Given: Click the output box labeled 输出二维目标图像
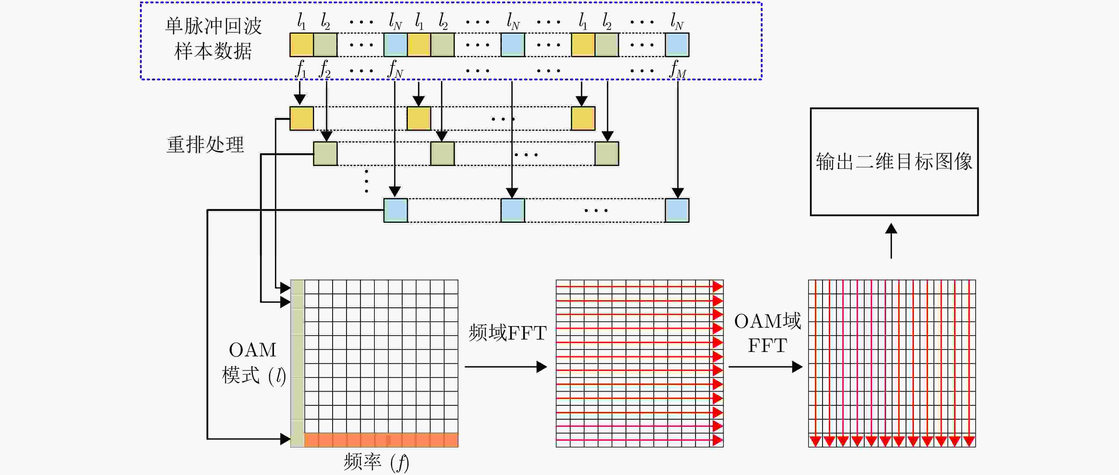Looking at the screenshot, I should [x=894, y=161].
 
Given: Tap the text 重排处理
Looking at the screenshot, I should [x=205, y=145].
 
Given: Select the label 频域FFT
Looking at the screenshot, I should [x=507, y=333].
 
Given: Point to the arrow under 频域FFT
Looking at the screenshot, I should [x=505, y=367].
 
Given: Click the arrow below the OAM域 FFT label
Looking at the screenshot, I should [x=765, y=367].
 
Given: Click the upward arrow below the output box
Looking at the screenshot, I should [x=891, y=241].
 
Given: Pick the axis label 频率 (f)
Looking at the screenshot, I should [x=376, y=462].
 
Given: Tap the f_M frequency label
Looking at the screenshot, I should [x=678, y=70].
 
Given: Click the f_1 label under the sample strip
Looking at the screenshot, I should [x=300, y=70].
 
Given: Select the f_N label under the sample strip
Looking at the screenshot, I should [x=395, y=70].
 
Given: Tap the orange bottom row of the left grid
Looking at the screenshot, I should [x=381, y=440].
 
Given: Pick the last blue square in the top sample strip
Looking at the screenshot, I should [x=677, y=45].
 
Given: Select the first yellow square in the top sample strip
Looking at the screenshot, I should [x=301, y=45].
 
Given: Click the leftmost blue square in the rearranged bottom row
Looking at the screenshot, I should [x=395, y=210].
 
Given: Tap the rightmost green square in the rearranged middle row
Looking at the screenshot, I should [x=606, y=154].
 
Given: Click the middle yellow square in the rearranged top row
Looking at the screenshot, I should [x=419, y=118].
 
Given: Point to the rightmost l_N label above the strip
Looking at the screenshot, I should [x=677, y=21].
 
